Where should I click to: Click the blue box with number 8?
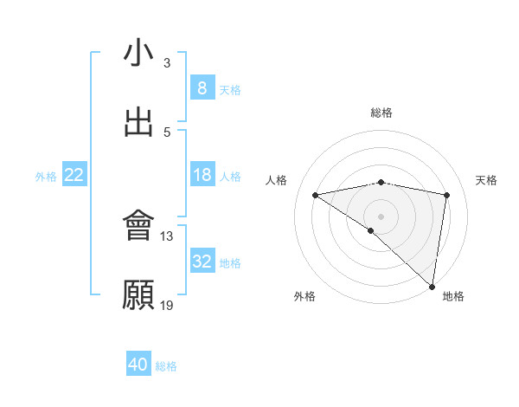[x=202, y=88]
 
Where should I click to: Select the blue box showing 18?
[x=202, y=175]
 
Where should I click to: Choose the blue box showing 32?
[x=202, y=262]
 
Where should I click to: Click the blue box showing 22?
[x=74, y=175]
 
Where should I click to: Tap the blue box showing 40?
[x=138, y=365]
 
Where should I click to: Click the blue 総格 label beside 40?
[x=167, y=366]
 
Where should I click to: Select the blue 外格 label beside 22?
[x=46, y=177]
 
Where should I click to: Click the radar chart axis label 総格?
[x=381, y=113]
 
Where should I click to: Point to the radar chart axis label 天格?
[x=486, y=180]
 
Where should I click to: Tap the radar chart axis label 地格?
[x=453, y=296]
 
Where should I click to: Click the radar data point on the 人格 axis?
[x=316, y=195]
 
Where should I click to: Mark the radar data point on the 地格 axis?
[x=432, y=286]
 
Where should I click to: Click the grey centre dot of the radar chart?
[x=381, y=215]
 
